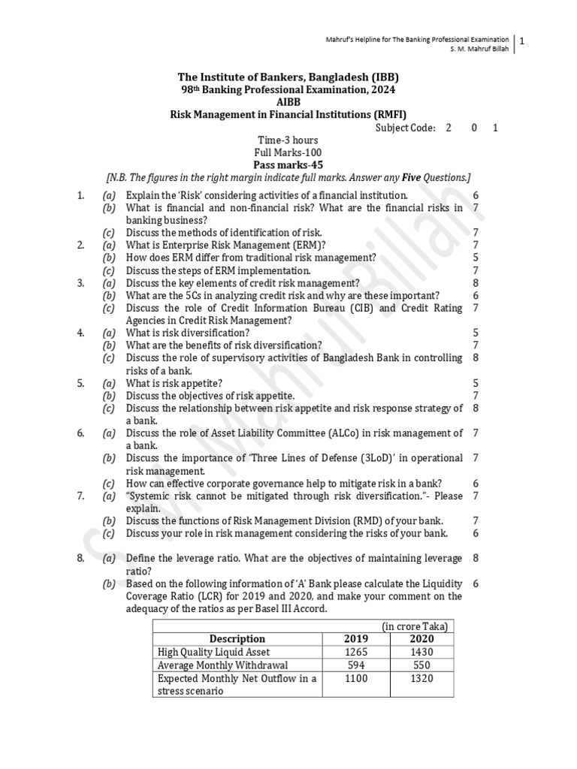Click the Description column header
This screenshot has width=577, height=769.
(x=237, y=638)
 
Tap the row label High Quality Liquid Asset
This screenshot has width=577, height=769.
(x=213, y=652)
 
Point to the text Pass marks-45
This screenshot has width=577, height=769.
(x=288, y=164)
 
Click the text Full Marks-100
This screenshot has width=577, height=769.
(x=288, y=152)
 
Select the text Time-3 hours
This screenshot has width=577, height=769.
(x=288, y=140)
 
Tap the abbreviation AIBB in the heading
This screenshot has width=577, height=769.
(x=288, y=101)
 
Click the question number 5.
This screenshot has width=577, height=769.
(x=80, y=382)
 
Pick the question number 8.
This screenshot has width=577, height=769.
(x=80, y=558)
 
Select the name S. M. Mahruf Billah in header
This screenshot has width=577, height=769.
(x=477, y=48)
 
